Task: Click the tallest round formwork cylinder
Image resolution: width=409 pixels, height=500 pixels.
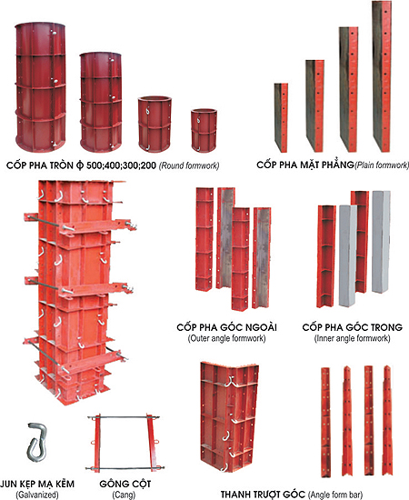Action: [41, 87]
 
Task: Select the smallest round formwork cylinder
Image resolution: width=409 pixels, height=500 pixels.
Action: [204, 130]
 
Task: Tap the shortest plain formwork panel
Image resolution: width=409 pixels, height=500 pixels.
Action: [281, 117]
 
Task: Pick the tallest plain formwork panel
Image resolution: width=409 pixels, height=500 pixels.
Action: [382, 76]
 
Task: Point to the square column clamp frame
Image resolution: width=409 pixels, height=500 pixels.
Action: [125, 443]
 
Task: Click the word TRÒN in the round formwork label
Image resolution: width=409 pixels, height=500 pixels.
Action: [60, 165]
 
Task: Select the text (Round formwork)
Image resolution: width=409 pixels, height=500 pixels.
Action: [189, 165]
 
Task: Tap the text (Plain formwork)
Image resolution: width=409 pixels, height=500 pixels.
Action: [382, 165]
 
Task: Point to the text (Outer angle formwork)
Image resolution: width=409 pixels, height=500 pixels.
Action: [226, 338]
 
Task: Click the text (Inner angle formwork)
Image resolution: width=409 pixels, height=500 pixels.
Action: [353, 338]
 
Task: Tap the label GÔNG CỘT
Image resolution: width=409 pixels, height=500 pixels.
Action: [125, 484]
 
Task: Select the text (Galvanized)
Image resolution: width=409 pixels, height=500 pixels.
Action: [37, 495]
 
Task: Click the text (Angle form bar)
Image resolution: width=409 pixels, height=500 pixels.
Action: [335, 495]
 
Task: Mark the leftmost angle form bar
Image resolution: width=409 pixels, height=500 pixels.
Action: [325, 422]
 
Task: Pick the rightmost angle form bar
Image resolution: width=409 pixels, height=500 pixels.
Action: [388, 421]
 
